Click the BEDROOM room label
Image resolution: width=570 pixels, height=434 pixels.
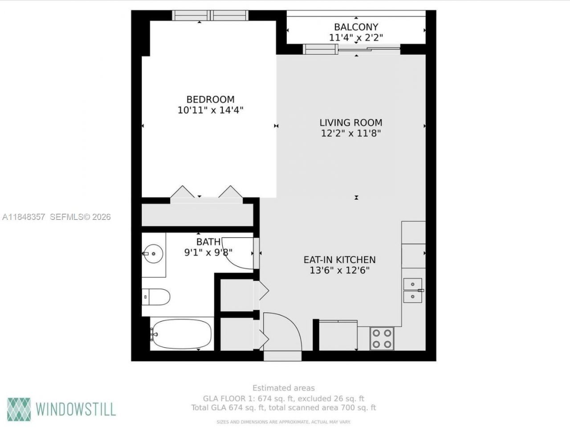click(x=210, y=99)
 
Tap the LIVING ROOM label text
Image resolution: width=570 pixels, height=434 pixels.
click(x=350, y=122)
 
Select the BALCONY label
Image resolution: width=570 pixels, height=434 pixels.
click(x=356, y=27)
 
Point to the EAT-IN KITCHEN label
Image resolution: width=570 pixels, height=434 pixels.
click(x=339, y=260)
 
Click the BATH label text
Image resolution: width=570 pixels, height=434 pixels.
click(x=208, y=242)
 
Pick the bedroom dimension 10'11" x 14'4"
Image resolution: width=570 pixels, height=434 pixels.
click(x=210, y=110)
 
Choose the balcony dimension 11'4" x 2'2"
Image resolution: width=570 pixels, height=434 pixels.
click(x=356, y=38)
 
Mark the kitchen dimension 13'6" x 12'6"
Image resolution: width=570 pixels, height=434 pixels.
click(x=339, y=270)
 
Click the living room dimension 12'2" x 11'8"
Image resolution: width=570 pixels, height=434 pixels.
click(x=350, y=133)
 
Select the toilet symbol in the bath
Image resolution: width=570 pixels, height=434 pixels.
click(x=156, y=297)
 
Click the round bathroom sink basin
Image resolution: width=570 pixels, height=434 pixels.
click(x=153, y=254)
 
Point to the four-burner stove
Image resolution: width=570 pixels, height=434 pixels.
click(x=382, y=338)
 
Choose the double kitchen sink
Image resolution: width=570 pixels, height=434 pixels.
click(x=413, y=290)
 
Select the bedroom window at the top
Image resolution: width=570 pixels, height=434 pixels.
click(x=210, y=15)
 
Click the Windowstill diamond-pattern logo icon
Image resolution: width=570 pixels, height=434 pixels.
click(x=19, y=409)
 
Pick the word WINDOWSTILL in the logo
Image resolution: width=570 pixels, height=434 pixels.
click(x=76, y=409)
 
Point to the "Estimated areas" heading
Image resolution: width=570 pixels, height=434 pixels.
click(x=283, y=388)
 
